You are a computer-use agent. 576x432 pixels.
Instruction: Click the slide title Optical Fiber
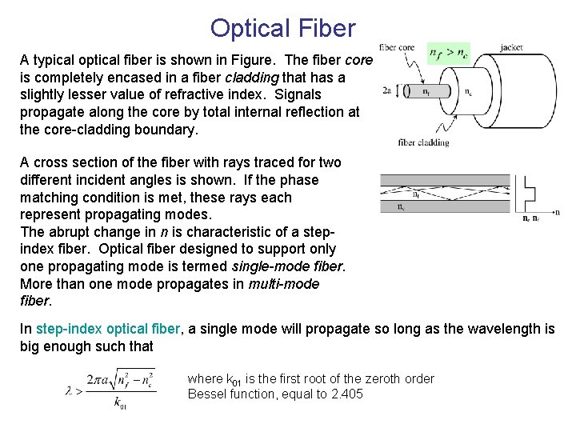(x=282, y=29)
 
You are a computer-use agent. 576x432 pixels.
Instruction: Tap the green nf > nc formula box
(x=449, y=54)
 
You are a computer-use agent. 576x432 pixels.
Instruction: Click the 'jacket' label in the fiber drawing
(x=511, y=48)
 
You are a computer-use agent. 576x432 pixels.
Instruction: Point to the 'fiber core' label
(x=397, y=48)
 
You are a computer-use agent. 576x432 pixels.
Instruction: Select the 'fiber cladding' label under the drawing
(x=423, y=143)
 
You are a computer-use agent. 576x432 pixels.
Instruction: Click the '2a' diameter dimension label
(x=387, y=90)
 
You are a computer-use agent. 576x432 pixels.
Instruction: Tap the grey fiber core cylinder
(x=424, y=91)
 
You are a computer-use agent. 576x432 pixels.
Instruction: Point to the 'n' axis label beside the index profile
(x=557, y=212)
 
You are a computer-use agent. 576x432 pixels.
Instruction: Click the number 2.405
(x=345, y=394)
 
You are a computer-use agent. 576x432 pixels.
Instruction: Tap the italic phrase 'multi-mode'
(x=283, y=284)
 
